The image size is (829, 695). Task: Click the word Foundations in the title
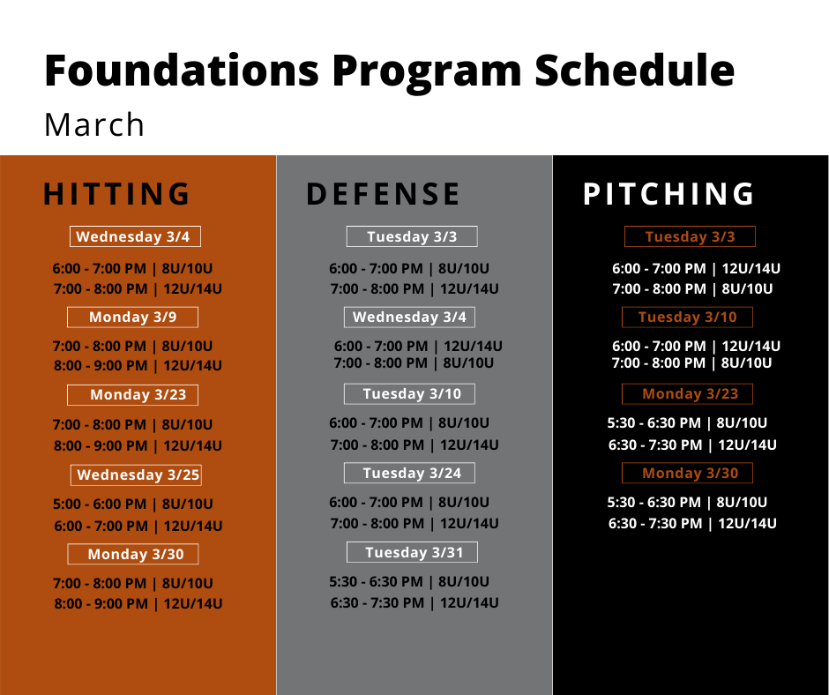tap(182, 70)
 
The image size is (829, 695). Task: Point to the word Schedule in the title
tap(634, 70)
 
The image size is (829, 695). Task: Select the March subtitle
tap(94, 125)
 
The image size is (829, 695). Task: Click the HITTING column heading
tap(116, 193)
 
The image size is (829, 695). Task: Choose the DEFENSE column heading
tap(384, 193)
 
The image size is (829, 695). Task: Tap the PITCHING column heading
tap(668, 193)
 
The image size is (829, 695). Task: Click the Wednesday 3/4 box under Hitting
tap(135, 236)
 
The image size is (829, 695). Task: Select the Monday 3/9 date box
tap(132, 318)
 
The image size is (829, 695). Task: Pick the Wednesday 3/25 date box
tap(136, 475)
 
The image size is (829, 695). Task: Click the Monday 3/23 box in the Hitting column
tap(132, 395)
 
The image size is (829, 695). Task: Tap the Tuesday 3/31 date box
tap(412, 552)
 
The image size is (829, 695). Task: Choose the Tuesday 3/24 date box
tap(409, 473)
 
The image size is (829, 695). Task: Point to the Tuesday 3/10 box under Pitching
tap(687, 318)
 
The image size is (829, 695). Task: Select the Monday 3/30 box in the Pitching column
tap(687, 473)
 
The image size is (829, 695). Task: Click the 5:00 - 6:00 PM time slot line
tap(132, 504)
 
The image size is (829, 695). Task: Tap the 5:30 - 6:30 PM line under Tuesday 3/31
tap(409, 582)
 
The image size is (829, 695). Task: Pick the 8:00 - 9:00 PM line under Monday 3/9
tap(138, 365)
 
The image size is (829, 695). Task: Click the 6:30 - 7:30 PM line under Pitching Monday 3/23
tap(692, 445)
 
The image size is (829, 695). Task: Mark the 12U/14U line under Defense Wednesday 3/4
tap(418, 346)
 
